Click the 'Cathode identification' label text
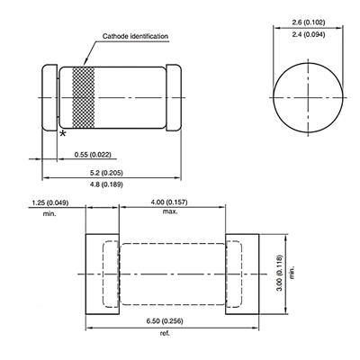pyautogui.click(x=135, y=36)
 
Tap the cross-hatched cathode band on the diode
pyautogui.click(x=84, y=98)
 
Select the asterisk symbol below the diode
pyautogui.click(x=63, y=133)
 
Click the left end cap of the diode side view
pyautogui.click(x=49, y=98)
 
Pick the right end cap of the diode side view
pyautogui.click(x=174, y=98)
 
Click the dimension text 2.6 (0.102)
pyautogui.click(x=309, y=22)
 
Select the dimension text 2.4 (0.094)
pyautogui.click(x=309, y=35)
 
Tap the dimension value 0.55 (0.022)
pyautogui.click(x=93, y=155)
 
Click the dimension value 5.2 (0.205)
pyautogui.click(x=106, y=173)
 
